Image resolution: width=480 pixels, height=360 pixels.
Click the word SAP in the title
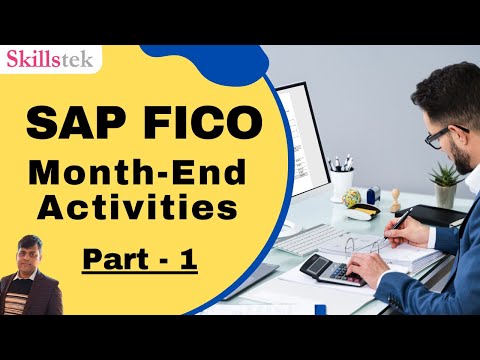point(68,124)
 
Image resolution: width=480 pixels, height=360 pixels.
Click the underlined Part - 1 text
point(139,260)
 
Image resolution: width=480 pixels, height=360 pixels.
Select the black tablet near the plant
point(435,214)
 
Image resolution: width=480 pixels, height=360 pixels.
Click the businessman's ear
point(471,130)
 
